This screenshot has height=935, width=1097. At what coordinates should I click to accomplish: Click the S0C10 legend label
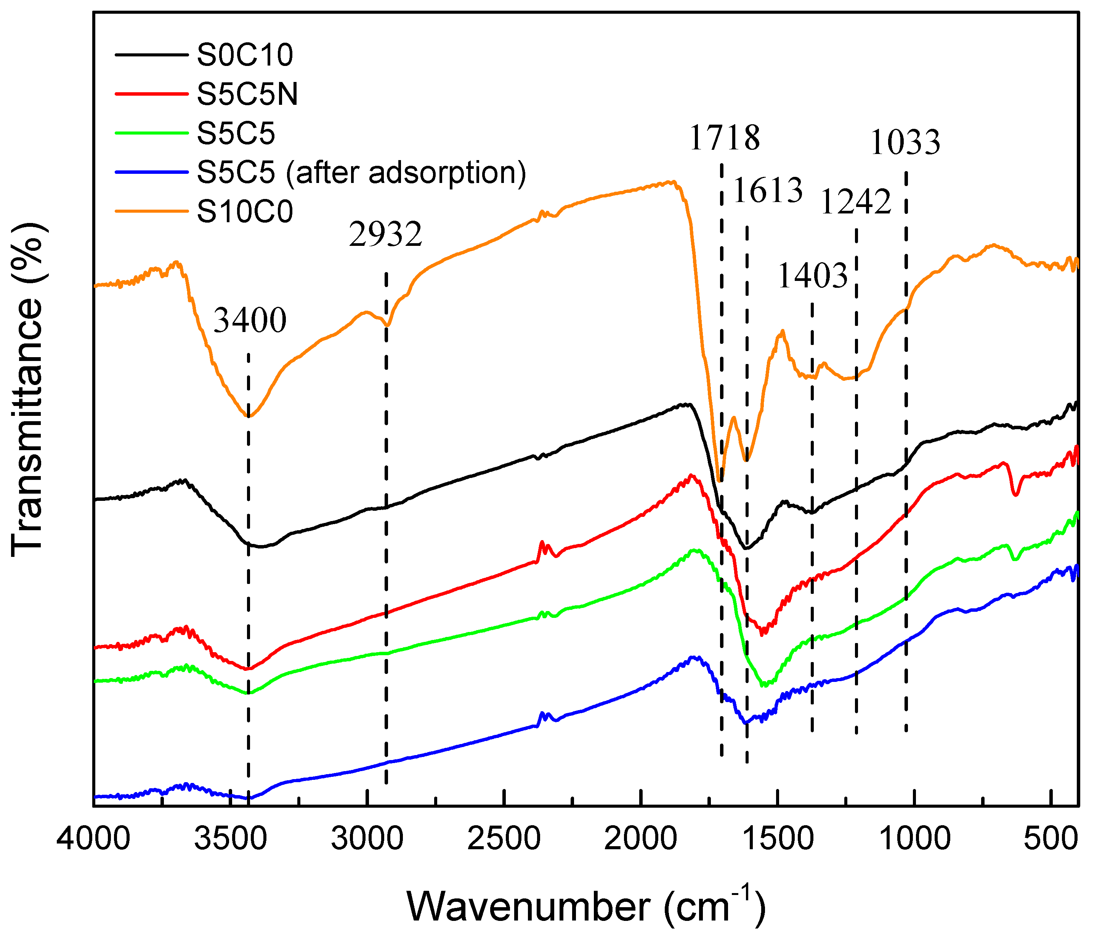[245, 55]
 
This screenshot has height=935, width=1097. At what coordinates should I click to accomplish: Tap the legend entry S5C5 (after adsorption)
[361, 173]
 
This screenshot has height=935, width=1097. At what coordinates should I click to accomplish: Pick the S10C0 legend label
[245, 212]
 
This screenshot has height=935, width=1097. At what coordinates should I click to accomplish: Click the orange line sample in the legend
[151, 211]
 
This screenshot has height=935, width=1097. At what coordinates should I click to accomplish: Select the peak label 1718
[724, 138]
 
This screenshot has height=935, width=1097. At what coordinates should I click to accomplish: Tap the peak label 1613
[768, 191]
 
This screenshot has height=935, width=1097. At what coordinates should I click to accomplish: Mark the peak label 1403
[812, 276]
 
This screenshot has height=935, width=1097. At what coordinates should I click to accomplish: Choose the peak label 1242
[856, 202]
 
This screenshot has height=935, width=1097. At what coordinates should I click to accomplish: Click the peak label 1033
[905, 143]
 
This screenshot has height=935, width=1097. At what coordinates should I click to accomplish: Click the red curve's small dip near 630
[1015, 494]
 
